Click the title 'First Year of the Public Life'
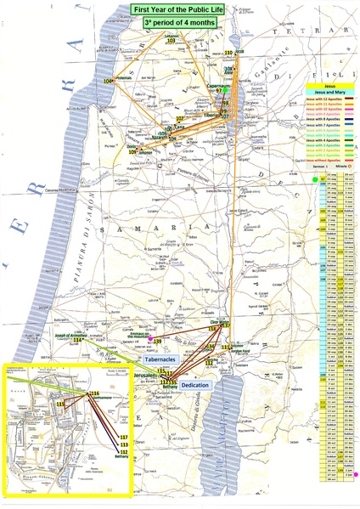point(180,8)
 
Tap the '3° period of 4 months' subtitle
point(180,22)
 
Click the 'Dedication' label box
point(196,384)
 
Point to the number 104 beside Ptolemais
point(110,81)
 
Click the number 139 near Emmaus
point(157,342)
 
